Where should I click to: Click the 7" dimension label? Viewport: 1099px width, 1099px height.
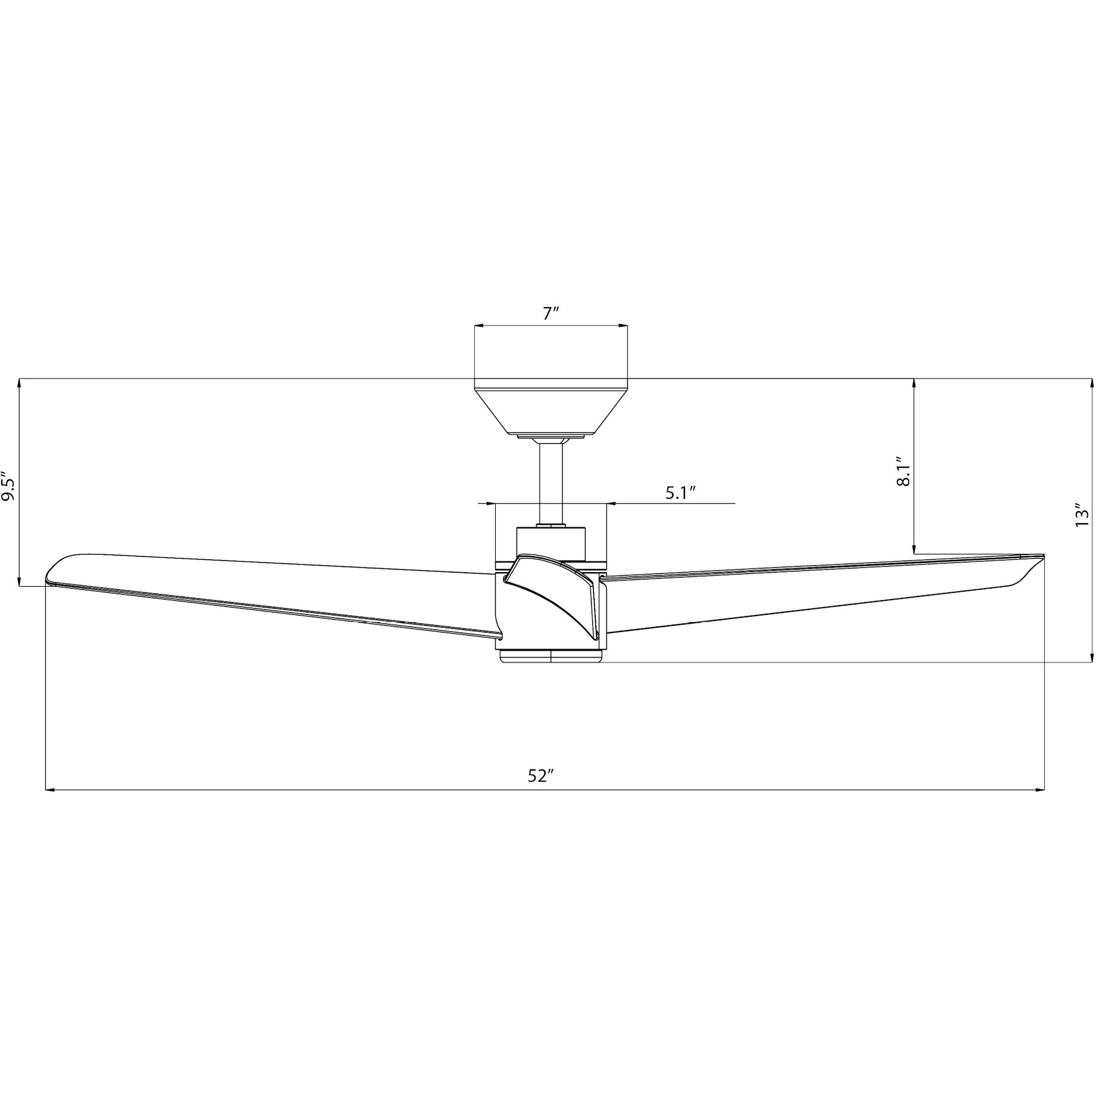point(551,314)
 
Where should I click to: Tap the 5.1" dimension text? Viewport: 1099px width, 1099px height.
point(681,493)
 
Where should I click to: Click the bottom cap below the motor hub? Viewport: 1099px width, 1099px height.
point(551,656)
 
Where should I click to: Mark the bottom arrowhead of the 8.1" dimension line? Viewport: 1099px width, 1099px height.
point(914,549)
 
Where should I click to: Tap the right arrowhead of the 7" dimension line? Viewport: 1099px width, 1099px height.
point(623,327)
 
